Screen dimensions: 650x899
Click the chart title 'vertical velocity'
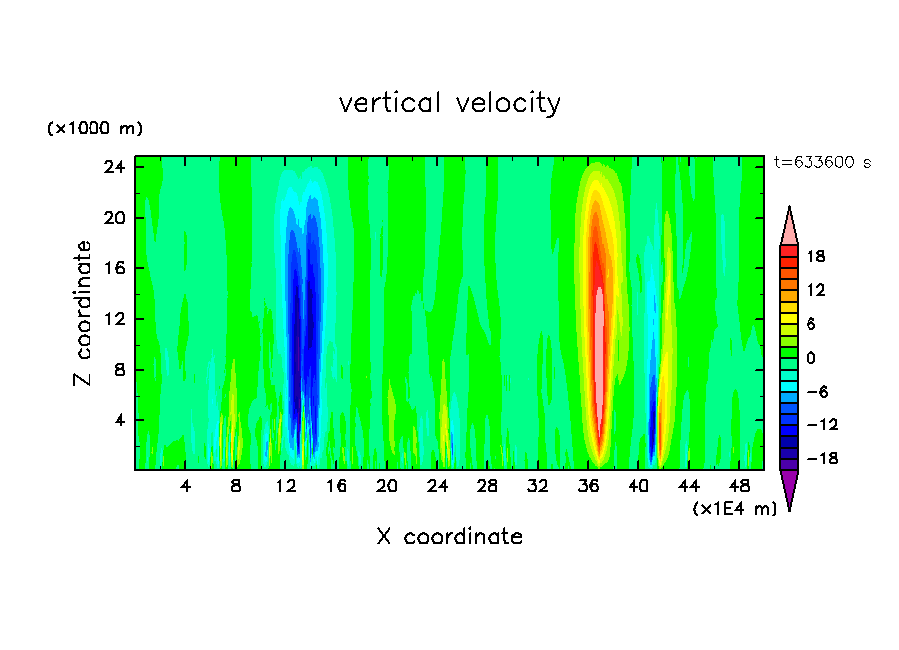(449, 103)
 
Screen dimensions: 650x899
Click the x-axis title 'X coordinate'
(449, 537)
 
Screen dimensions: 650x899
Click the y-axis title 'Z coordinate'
(84, 312)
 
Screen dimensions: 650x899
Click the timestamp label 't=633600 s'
(821, 162)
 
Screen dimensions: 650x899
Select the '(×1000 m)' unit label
(94, 129)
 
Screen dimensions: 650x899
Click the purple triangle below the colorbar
(789, 489)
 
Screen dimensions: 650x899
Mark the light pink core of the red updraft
(600, 328)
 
